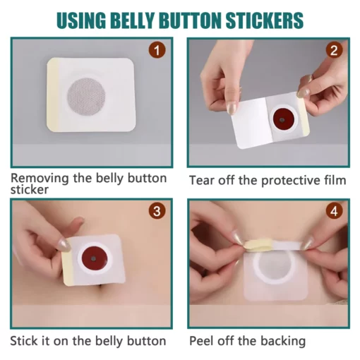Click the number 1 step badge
pyautogui.click(x=157, y=49)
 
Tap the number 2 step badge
pyautogui.click(x=334, y=49)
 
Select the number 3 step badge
pyautogui.click(x=157, y=210)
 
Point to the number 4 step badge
pyautogui.click(x=334, y=210)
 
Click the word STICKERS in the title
pyautogui.click(x=265, y=20)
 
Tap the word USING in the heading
pyautogui.click(x=81, y=20)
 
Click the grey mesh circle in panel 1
pyautogui.click(x=86, y=97)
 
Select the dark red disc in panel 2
pyautogui.click(x=282, y=119)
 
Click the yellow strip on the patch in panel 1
pyautogui.click(x=53, y=94)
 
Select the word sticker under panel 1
pyautogui.click(x=30, y=190)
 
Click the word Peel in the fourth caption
pyautogui.click(x=202, y=341)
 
